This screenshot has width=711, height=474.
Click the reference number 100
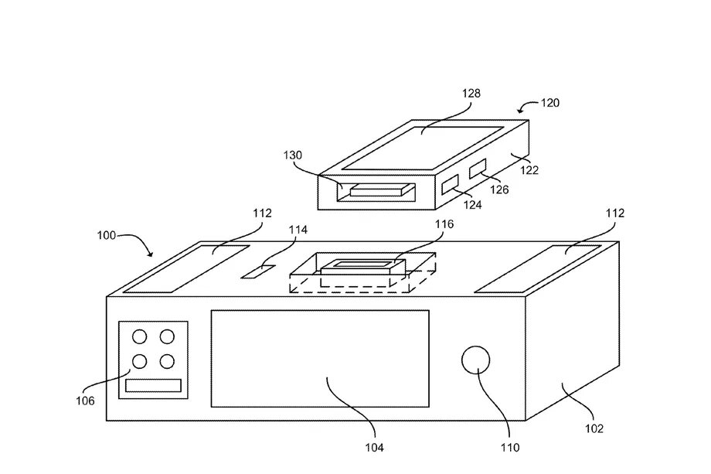[x=106, y=235]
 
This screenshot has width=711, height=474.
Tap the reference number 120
[x=550, y=103]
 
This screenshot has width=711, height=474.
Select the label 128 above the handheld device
[x=471, y=94]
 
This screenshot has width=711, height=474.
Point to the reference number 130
[x=292, y=155]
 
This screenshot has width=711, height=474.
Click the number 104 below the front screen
[x=375, y=448]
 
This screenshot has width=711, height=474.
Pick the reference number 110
[x=510, y=448]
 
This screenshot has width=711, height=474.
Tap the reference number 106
[x=85, y=401]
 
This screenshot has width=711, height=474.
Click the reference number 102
[x=594, y=428]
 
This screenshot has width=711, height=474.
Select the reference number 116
[x=444, y=224]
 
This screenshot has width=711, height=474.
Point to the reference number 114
[x=298, y=230]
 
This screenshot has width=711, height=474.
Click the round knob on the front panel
[x=475, y=360]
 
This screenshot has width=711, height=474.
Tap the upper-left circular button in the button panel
[x=139, y=336]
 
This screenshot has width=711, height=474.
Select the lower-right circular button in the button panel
[x=167, y=362]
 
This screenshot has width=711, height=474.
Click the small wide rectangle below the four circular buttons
[x=153, y=386]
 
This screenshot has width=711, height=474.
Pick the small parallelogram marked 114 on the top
[x=258, y=271]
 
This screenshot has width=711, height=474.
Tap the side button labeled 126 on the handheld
[x=478, y=169]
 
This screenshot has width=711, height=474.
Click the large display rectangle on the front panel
[x=320, y=359]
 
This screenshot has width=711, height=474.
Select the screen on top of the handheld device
[x=422, y=148]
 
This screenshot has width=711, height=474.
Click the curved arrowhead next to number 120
[x=522, y=110]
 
